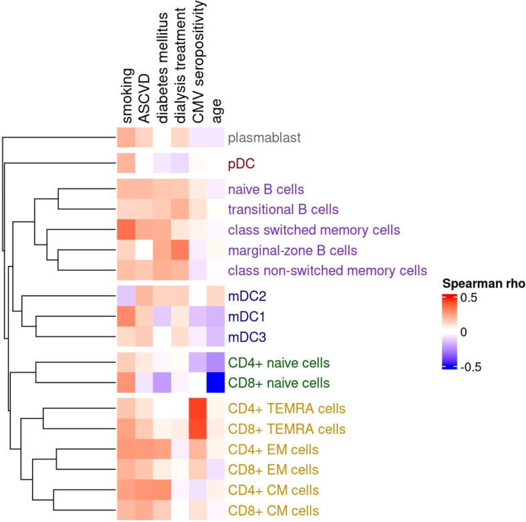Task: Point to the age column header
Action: (x=215, y=113)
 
